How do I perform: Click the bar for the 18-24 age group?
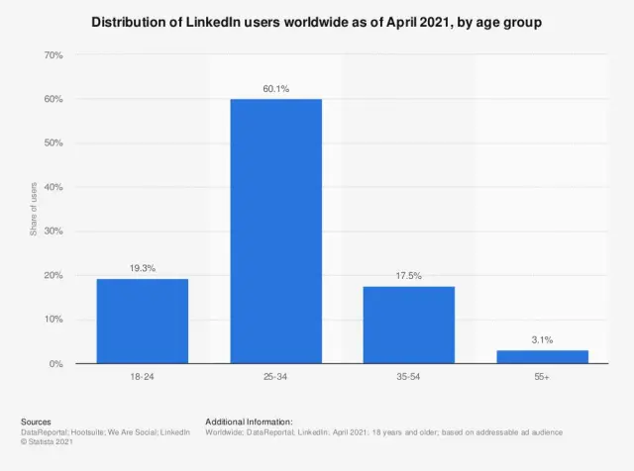(142, 321)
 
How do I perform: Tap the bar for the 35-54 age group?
(408, 325)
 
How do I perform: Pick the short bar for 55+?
(542, 356)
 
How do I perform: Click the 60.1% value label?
(275, 89)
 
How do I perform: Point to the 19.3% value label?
(142, 268)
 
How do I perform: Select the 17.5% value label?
(408, 276)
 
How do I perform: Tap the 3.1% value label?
(542, 339)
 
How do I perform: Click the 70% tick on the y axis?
(53, 55)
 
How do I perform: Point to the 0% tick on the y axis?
(56, 364)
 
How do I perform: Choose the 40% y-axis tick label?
(53, 187)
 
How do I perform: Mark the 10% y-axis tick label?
(53, 320)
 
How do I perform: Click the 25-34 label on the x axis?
(275, 379)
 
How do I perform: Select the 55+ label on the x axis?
(542, 379)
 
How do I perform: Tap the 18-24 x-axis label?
(142, 379)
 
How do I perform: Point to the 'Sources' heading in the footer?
(36, 422)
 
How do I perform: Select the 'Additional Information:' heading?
(249, 422)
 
